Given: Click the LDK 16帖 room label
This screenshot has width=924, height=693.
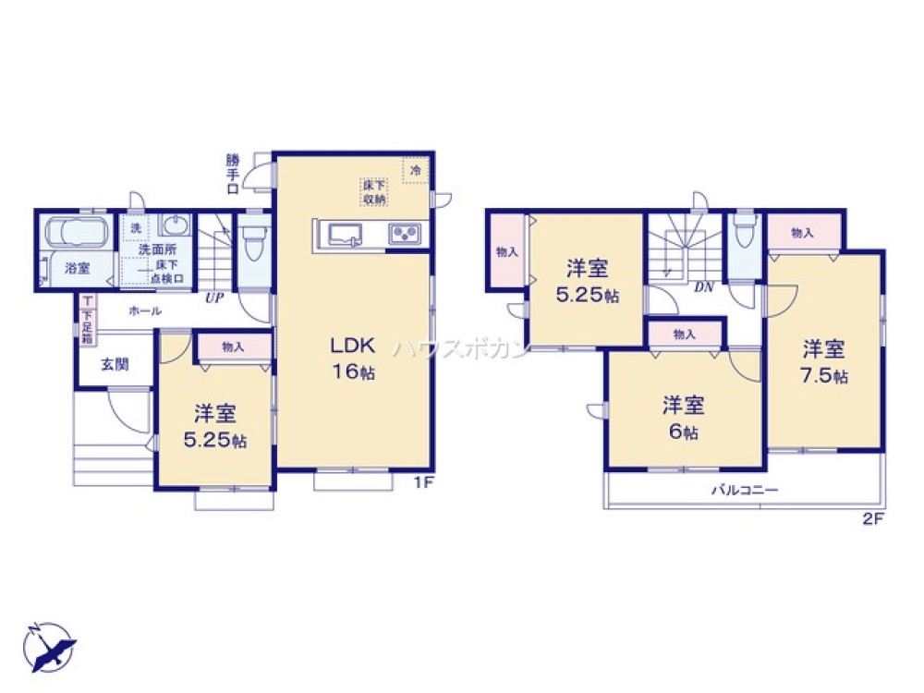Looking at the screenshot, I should [352, 358].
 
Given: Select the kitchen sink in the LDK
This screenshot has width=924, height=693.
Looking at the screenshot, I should [345, 236].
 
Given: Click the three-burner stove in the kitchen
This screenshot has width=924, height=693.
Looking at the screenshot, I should [404, 235].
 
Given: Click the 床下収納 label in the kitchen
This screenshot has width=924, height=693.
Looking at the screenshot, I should [374, 192].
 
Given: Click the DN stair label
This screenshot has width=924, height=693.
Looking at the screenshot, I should [705, 287].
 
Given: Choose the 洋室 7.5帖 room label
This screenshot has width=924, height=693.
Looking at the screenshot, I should [825, 361].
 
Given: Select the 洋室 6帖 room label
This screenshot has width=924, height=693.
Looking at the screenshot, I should [684, 418].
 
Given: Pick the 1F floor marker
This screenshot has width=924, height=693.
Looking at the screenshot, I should [424, 482].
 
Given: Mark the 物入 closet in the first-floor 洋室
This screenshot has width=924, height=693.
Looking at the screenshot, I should [233, 347].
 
